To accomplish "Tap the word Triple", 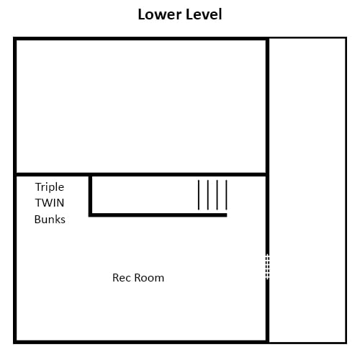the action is [x=50, y=187].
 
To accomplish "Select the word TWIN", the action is [x=50, y=203].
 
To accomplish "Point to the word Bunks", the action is [x=50, y=220].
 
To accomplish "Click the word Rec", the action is [x=122, y=278].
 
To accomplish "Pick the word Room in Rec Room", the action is [x=149, y=278].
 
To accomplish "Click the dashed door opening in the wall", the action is [x=267, y=266].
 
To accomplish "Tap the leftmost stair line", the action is [x=199, y=195].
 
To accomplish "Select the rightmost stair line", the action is [x=226, y=195].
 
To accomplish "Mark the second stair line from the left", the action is [x=208, y=195].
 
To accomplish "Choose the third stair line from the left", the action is [x=217, y=195].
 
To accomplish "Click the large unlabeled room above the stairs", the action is [x=141, y=107].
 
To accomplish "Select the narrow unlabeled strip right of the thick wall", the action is [x=307, y=190].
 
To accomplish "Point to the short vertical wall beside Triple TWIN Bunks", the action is [x=90, y=194].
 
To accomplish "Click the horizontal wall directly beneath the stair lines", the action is [x=158, y=215].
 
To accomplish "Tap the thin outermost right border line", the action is [x=346, y=190].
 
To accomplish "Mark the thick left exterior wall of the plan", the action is [x=15, y=190].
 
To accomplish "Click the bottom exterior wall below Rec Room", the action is [x=141, y=342].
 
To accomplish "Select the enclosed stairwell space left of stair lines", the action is [x=145, y=194].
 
